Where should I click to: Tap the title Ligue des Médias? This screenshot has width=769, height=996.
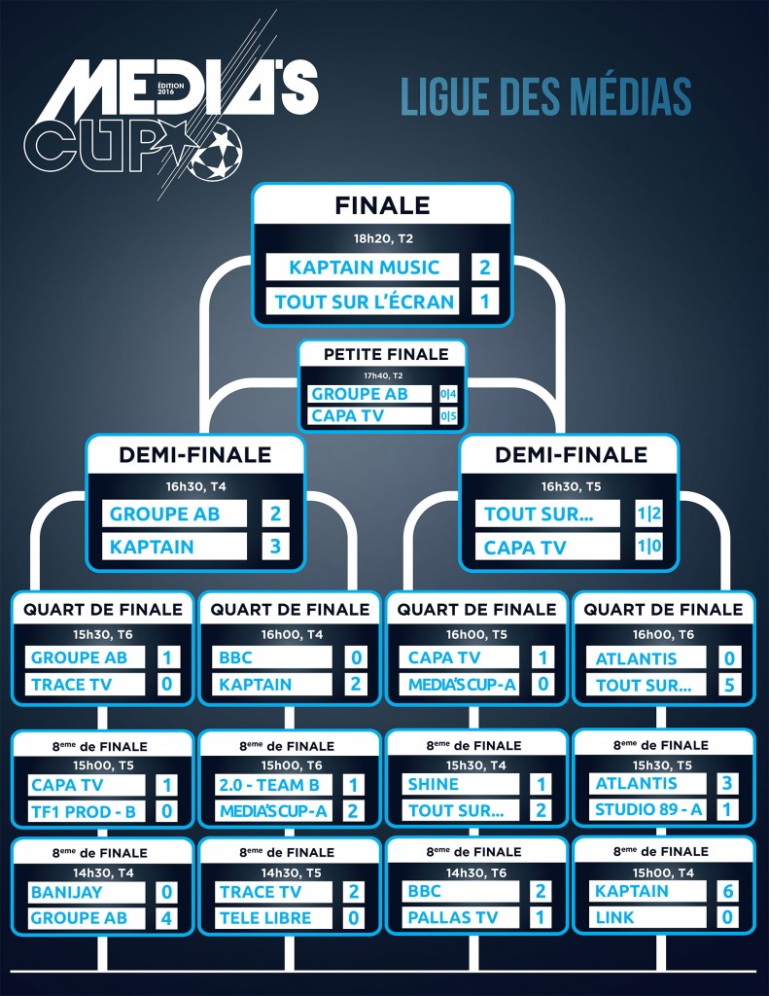[x=545, y=98]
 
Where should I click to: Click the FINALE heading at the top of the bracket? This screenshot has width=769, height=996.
[x=382, y=205]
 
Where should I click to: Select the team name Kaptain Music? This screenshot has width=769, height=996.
[x=365, y=267]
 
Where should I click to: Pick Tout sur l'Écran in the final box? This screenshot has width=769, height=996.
[x=365, y=302]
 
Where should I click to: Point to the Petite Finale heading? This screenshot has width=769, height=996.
[x=386, y=354]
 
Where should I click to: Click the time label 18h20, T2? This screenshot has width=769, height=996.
[x=382, y=237]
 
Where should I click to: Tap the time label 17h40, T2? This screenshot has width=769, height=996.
[x=383, y=374]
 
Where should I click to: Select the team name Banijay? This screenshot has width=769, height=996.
[x=66, y=891]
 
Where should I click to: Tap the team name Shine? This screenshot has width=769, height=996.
[x=434, y=784]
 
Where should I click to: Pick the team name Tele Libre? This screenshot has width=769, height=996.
[x=265, y=917]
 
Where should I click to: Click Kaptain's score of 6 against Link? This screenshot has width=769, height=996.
[x=728, y=891]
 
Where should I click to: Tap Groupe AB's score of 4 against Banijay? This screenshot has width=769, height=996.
[x=166, y=918]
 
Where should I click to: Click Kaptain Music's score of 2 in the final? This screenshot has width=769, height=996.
[x=484, y=267]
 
